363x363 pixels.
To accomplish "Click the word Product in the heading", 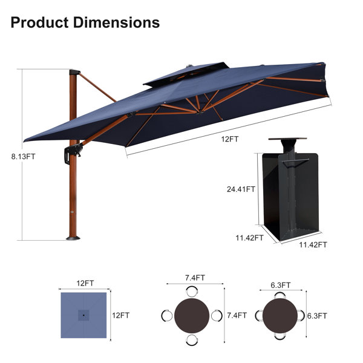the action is (39, 23).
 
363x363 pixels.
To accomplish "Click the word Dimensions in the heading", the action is (116, 23).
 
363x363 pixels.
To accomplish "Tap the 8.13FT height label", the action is (24, 157).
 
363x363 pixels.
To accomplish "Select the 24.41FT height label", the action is (241, 189).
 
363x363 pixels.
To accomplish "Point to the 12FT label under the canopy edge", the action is (230, 139).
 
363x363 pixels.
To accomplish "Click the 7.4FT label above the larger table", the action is (195, 278).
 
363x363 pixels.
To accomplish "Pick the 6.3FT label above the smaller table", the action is (280, 285).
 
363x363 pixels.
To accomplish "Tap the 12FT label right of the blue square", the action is (120, 315).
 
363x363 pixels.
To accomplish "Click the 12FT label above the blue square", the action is (85, 283).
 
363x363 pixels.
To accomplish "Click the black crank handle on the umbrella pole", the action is (73, 153).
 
